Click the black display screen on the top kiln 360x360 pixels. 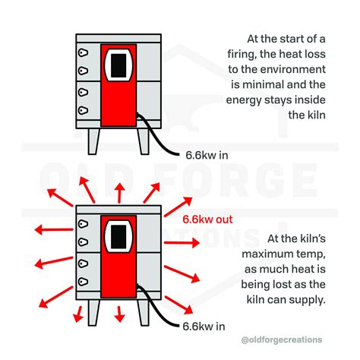coord(118,66)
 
